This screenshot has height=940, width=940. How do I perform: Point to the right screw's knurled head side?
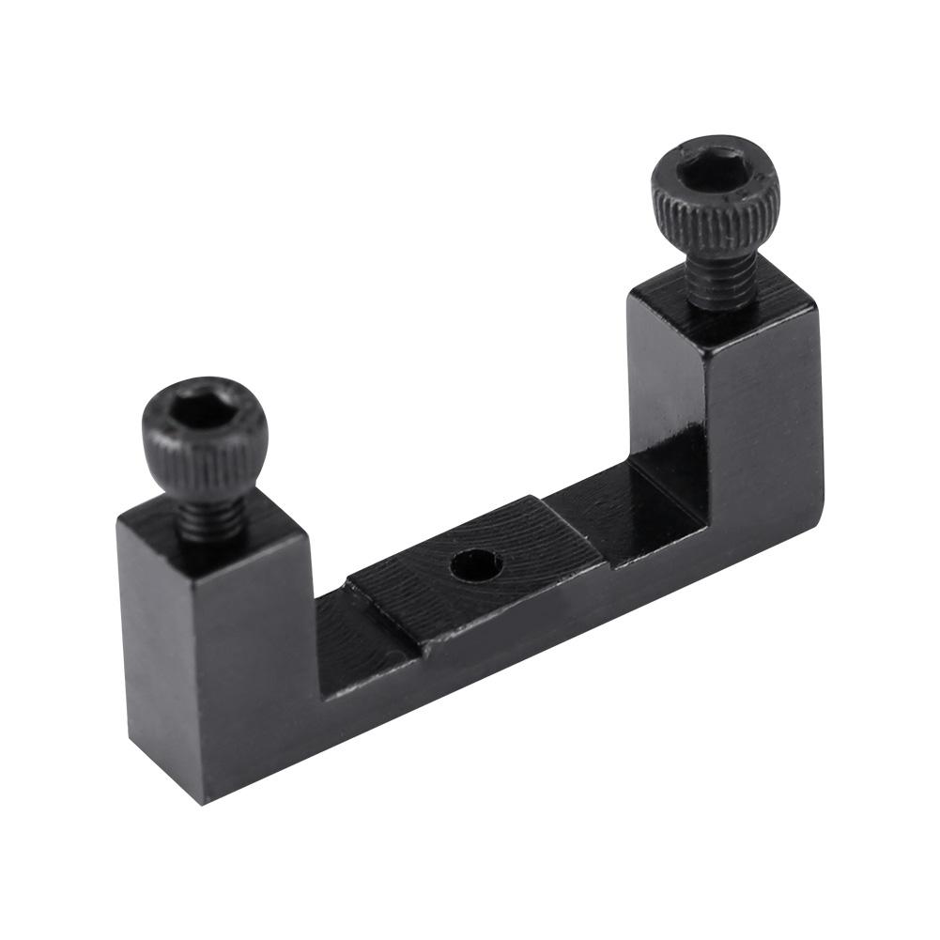click(717, 225)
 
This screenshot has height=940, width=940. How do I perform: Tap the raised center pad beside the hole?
click(526, 554)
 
